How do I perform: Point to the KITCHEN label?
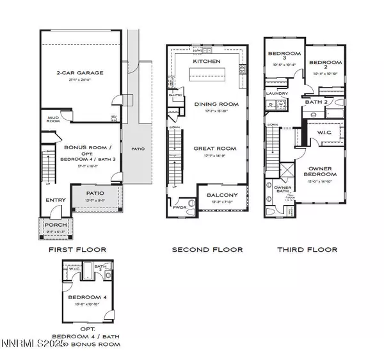(x=207, y=61)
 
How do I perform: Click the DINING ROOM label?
(x=216, y=104)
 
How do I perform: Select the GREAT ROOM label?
(x=216, y=149)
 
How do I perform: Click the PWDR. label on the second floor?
(x=179, y=208)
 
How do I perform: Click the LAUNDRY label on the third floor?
(x=276, y=93)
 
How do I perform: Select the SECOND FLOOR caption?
(x=207, y=250)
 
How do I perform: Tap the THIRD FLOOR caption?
(x=307, y=250)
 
